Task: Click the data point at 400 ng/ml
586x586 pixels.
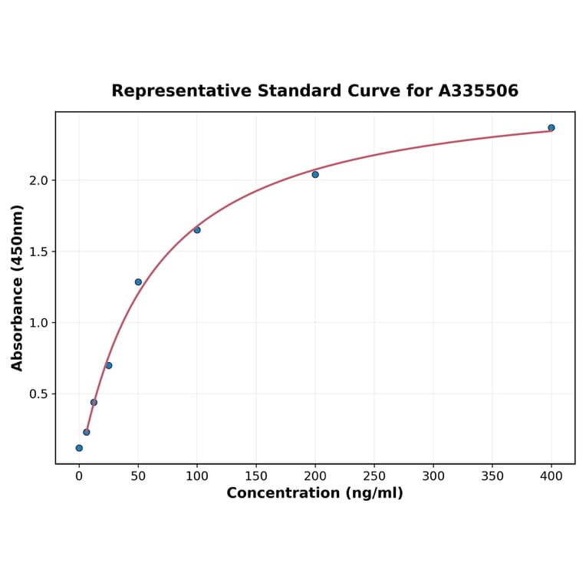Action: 551,127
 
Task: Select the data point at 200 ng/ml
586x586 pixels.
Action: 315,175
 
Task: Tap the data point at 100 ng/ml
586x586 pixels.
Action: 197,230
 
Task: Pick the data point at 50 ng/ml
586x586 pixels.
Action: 138,282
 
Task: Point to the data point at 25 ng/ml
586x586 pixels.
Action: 109,365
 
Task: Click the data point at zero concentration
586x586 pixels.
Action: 79,448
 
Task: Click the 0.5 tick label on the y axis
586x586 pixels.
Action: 38,394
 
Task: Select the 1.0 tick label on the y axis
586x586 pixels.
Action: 38,323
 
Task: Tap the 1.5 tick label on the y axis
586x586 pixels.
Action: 38,252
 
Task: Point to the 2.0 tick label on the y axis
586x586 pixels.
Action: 38,180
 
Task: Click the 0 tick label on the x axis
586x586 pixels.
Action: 79,476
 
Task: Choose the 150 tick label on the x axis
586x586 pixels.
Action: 256,476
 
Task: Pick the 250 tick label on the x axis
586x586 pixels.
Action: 374,476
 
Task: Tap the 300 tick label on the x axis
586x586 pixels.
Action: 433,476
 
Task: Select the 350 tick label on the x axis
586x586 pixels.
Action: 492,476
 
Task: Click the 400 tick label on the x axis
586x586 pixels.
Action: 551,476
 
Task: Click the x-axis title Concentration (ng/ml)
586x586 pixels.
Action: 314,493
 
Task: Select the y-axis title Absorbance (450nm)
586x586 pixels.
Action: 18,288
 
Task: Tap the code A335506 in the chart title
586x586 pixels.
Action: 479,91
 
